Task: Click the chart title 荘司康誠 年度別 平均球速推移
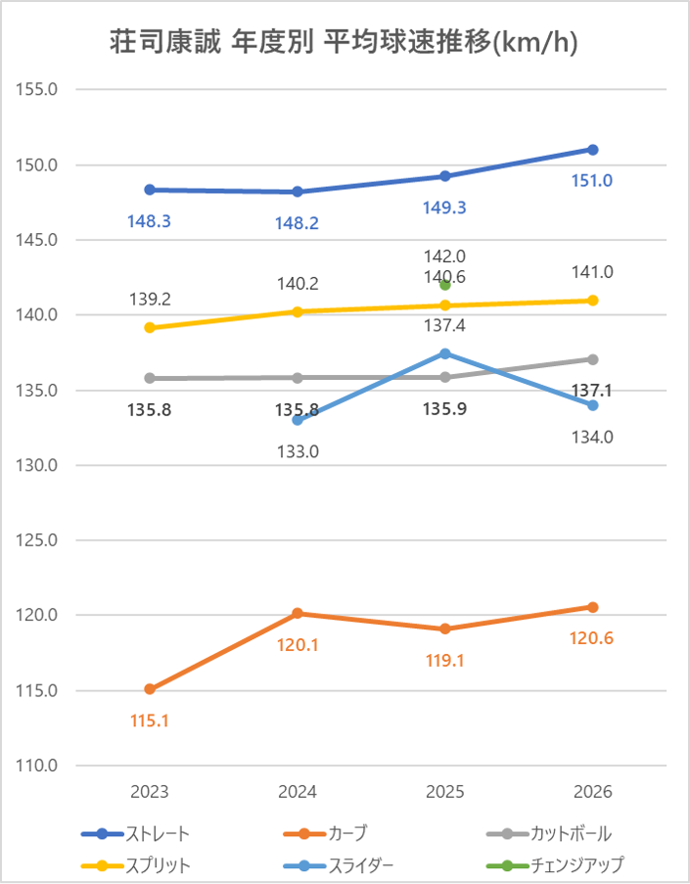[x=344, y=44]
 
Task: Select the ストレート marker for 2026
[x=592, y=150]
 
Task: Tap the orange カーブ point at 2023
[x=150, y=689]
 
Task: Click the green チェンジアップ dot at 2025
[x=445, y=285]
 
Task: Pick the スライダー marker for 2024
[x=298, y=420]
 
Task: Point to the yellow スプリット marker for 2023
[x=150, y=328]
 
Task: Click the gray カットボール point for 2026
[x=592, y=359]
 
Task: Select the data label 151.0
[x=592, y=181]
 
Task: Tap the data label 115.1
[x=150, y=721]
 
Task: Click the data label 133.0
[x=298, y=451]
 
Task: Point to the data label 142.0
[x=445, y=256]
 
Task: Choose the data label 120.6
[x=592, y=638]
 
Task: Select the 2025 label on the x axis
[x=445, y=792]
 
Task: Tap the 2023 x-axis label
[x=150, y=792]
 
